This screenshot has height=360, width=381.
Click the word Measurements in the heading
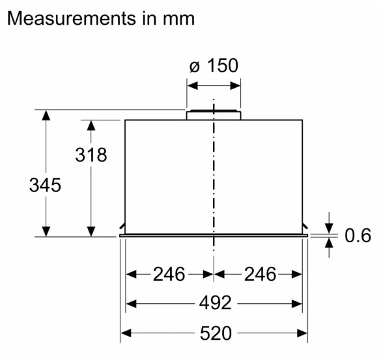pyautogui.click(x=72, y=18)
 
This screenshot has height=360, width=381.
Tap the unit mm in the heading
pyautogui.click(x=178, y=20)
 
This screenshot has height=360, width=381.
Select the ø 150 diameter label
pyautogui.click(x=214, y=65)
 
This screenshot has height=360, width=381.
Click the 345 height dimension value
pyautogui.click(x=45, y=185)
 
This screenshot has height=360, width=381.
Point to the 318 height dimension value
pyautogui.click(x=91, y=155)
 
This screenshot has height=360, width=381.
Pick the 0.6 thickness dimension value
pyautogui.click(x=358, y=235)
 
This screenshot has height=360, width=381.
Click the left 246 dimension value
pyautogui.click(x=169, y=274)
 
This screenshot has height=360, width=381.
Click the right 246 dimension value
pyautogui.click(x=260, y=274)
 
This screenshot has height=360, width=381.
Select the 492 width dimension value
pyautogui.click(x=215, y=303)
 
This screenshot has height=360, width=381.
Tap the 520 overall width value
pyautogui.click(x=216, y=333)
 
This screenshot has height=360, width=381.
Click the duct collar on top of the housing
pyautogui.click(x=214, y=115)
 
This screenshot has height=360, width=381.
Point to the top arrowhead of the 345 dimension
pyautogui.click(x=46, y=115)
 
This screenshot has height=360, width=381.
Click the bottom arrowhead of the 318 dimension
pyautogui.click(x=91, y=231)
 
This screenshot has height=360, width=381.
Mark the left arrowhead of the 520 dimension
pyautogui.click(x=126, y=333)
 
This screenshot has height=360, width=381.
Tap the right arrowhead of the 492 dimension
pyautogui.click(x=297, y=304)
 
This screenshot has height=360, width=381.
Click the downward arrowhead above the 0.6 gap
pyautogui.click(x=329, y=228)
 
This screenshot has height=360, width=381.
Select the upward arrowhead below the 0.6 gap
pyautogui.click(x=329, y=243)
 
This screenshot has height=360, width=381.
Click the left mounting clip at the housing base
pyautogui.click(x=122, y=227)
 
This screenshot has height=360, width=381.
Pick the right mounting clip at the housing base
pyautogui.click(x=305, y=227)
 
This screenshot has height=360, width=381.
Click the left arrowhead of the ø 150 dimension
pyautogui.click(x=192, y=86)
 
